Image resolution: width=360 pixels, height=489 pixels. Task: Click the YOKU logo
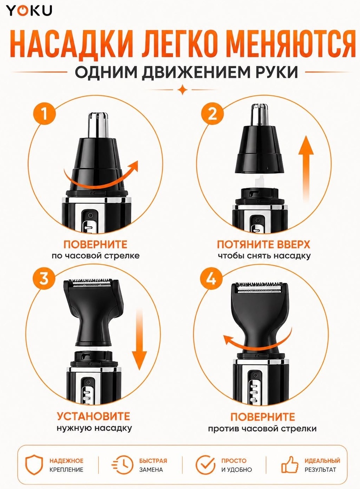click(x=29, y=11)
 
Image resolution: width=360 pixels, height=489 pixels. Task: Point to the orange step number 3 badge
click(x=44, y=279)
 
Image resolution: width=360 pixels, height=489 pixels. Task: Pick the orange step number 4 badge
click(x=212, y=279)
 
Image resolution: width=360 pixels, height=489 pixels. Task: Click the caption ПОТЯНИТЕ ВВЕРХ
click(x=264, y=244)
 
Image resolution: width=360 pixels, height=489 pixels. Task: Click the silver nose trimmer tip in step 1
click(x=98, y=124)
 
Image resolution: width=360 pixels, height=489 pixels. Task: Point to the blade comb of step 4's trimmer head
click(x=259, y=288)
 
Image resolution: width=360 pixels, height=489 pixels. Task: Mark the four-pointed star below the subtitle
click(x=182, y=90)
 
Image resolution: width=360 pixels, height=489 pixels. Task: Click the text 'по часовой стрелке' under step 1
click(x=96, y=256)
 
